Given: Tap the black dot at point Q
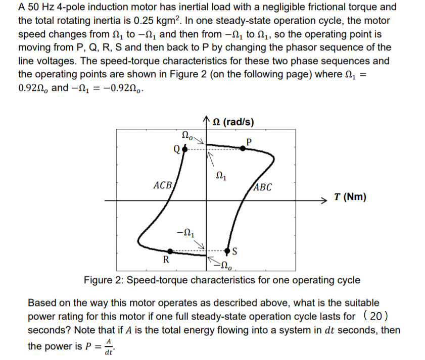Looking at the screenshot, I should pyautogui.click(x=184, y=150).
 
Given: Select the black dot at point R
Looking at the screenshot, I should pyautogui.click(x=170, y=251).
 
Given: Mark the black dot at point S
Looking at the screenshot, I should pyautogui.click(x=228, y=251).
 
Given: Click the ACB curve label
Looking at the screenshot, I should pyautogui.click(x=163, y=184).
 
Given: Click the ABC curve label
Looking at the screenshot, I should pyautogui.click(x=262, y=187).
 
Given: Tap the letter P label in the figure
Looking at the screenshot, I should pyautogui.click(x=248, y=140).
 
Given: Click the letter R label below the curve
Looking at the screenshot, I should pyautogui.click(x=165, y=261).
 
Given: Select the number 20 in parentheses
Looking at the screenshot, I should pyautogui.click(x=375, y=317).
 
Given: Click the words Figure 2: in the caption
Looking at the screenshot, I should pyautogui.click(x=101, y=280).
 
